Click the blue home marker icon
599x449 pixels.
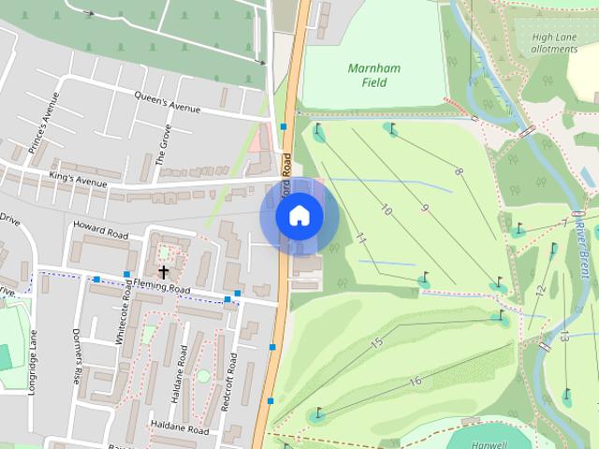[299, 216]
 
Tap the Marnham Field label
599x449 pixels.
[367, 75]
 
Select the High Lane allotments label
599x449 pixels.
[555, 43]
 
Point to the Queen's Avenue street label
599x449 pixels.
[168, 102]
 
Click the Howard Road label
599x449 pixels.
[100, 229]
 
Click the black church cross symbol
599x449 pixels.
[163, 272]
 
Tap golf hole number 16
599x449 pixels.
[415, 381]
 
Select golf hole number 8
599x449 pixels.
[459, 171]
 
